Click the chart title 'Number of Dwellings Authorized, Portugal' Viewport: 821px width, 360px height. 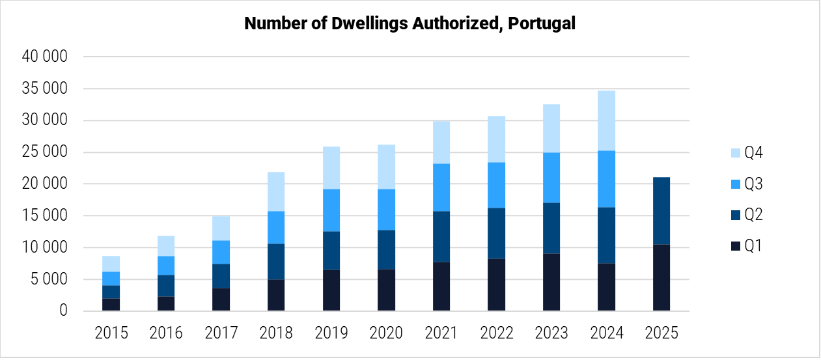tap(410, 23)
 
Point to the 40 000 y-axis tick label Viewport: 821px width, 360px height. tap(44, 57)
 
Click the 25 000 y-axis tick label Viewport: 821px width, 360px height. tap(44, 152)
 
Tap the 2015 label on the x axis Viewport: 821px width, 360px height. tap(111, 333)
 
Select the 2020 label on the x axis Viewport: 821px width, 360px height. tap(387, 333)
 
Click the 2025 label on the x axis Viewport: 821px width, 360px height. tap(661, 333)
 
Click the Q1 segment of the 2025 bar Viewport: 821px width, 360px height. tap(661, 278)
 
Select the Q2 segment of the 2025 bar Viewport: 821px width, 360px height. tap(661, 211)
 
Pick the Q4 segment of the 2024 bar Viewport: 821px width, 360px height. tap(607, 120)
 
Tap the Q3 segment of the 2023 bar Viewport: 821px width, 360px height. tap(551, 178)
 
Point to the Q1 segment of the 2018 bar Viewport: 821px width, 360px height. tap(276, 296)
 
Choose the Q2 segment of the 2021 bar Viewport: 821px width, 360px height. tap(441, 237)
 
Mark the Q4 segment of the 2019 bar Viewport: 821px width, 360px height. tap(331, 168)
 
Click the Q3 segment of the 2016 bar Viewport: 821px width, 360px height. tap(166, 266)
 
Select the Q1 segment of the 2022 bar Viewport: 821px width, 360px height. tap(497, 285)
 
